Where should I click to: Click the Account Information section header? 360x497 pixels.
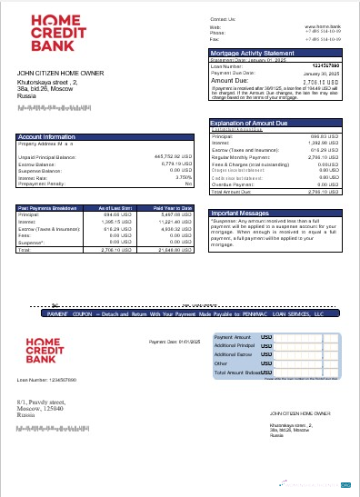point(46,136)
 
